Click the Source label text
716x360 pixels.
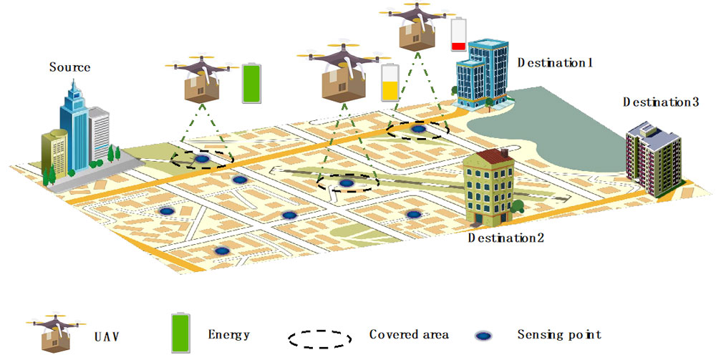click(70, 67)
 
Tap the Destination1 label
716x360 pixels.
click(556, 62)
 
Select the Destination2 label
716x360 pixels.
click(506, 238)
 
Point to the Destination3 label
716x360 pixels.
click(660, 102)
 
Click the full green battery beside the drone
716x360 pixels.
click(251, 85)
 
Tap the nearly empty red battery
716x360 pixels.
click(456, 36)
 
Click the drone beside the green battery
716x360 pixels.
click(201, 77)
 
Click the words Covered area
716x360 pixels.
click(409, 334)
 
